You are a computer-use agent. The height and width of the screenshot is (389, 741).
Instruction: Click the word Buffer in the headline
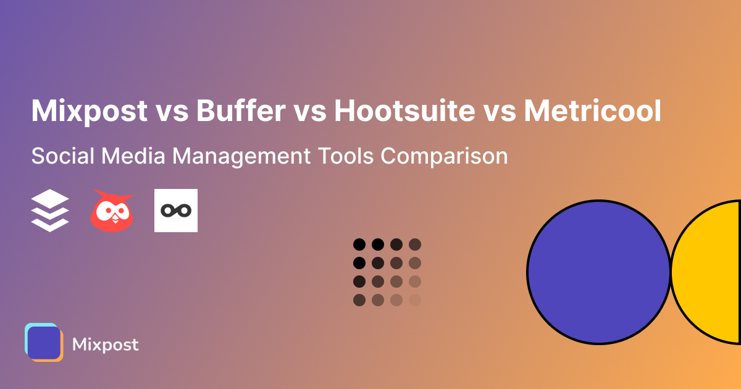[x=240, y=111]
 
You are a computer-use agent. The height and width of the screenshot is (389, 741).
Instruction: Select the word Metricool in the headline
[x=592, y=111]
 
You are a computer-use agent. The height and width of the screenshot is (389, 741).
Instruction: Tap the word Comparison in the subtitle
[x=444, y=156]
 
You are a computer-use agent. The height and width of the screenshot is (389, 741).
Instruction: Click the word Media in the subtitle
[x=131, y=156]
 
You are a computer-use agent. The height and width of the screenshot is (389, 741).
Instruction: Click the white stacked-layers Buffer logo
[x=50, y=211]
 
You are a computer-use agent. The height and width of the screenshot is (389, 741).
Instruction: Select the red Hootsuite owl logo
[x=112, y=211]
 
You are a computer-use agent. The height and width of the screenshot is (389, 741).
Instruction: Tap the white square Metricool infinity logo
[x=176, y=211]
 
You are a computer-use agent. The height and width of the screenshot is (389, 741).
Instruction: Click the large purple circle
[x=598, y=272]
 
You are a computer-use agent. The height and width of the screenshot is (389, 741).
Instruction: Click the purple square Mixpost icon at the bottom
[x=44, y=343]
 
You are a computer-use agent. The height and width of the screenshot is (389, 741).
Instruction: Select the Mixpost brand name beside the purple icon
[x=106, y=345]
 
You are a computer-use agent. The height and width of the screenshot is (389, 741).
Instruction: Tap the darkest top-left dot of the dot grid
[x=359, y=244]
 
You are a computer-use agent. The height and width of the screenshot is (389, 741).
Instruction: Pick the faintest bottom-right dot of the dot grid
[x=415, y=300]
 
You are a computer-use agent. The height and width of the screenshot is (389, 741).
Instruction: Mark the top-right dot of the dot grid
[x=415, y=244]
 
